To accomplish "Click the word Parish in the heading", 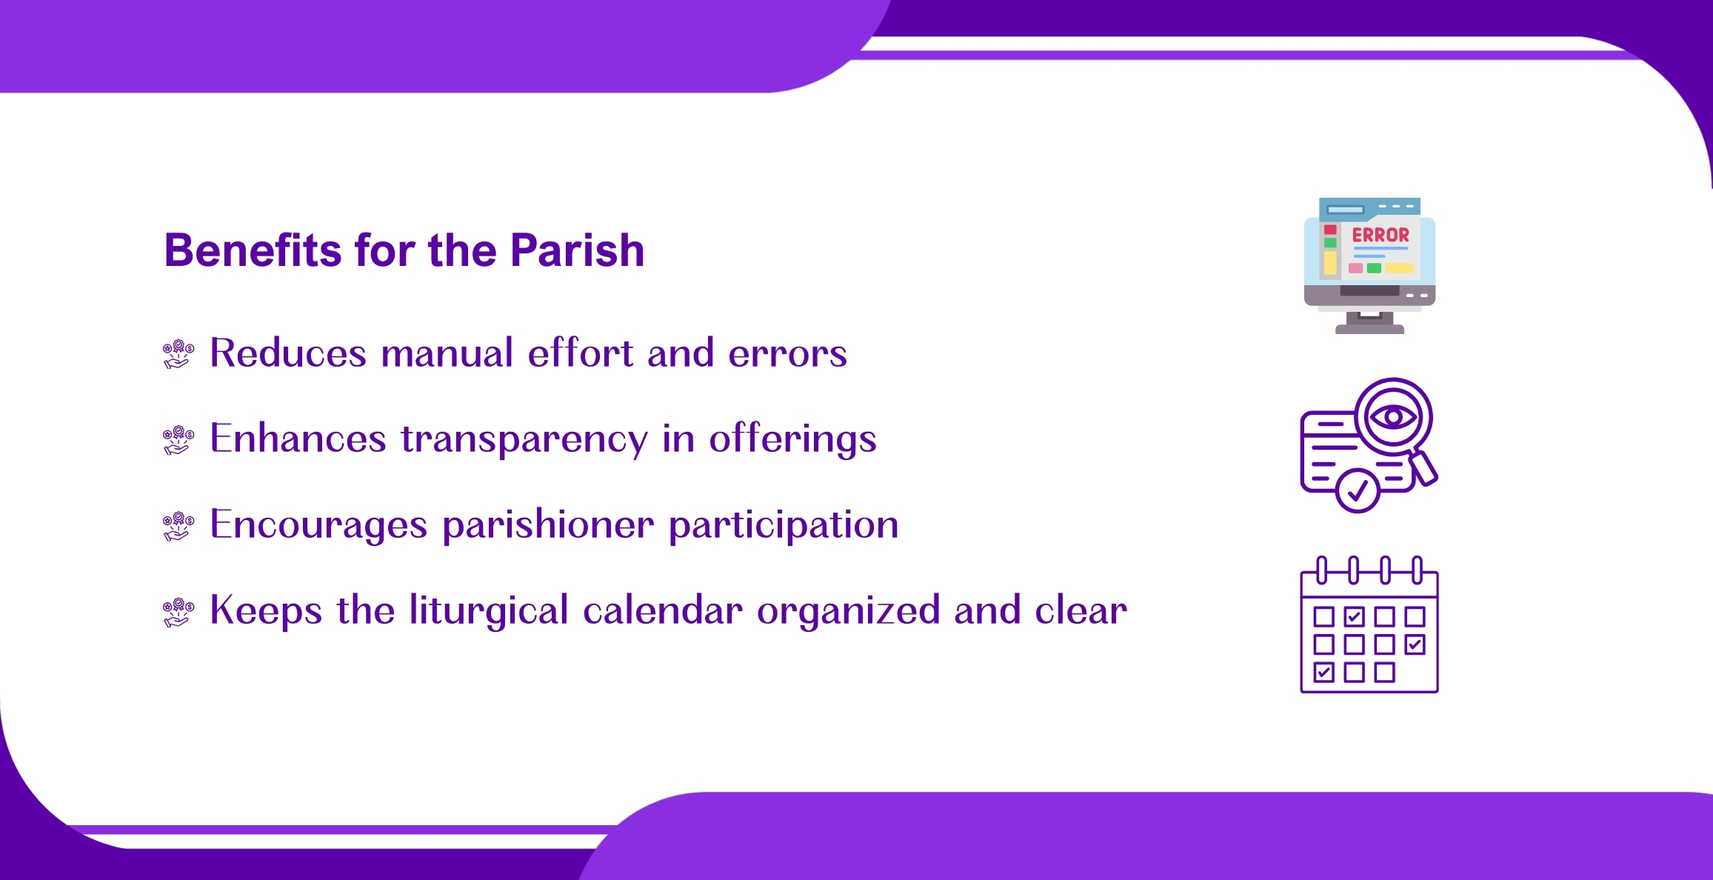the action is pyautogui.click(x=578, y=250).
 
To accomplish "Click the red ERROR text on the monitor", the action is pyautogui.click(x=1380, y=235).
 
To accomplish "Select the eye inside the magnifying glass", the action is pyautogui.click(x=1393, y=417).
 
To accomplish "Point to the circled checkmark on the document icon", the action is pyautogui.click(x=1358, y=490).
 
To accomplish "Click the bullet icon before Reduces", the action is pyautogui.click(x=178, y=354).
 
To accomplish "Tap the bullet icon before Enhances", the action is pyautogui.click(x=178, y=440).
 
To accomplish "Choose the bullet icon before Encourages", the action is pyautogui.click(x=178, y=526).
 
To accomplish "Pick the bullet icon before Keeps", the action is pyautogui.click(x=178, y=612).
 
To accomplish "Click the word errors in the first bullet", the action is pyautogui.click(x=788, y=353).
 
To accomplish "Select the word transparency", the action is pyautogui.click(x=524, y=439).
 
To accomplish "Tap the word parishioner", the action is pyautogui.click(x=548, y=525).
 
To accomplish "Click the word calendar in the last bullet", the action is pyautogui.click(x=663, y=610).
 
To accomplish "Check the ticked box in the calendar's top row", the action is pyautogui.click(x=1354, y=616).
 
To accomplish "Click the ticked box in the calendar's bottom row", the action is pyautogui.click(x=1323, y=672).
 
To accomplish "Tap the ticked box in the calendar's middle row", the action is pyautogui.click(x=1415, y=644).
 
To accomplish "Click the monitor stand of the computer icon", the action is pyautogui.click(x=1369, y=322).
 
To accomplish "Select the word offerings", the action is pyautogui.click(x=793, y=439).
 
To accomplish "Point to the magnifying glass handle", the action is pyautogui.click(x=1423, y=469).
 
